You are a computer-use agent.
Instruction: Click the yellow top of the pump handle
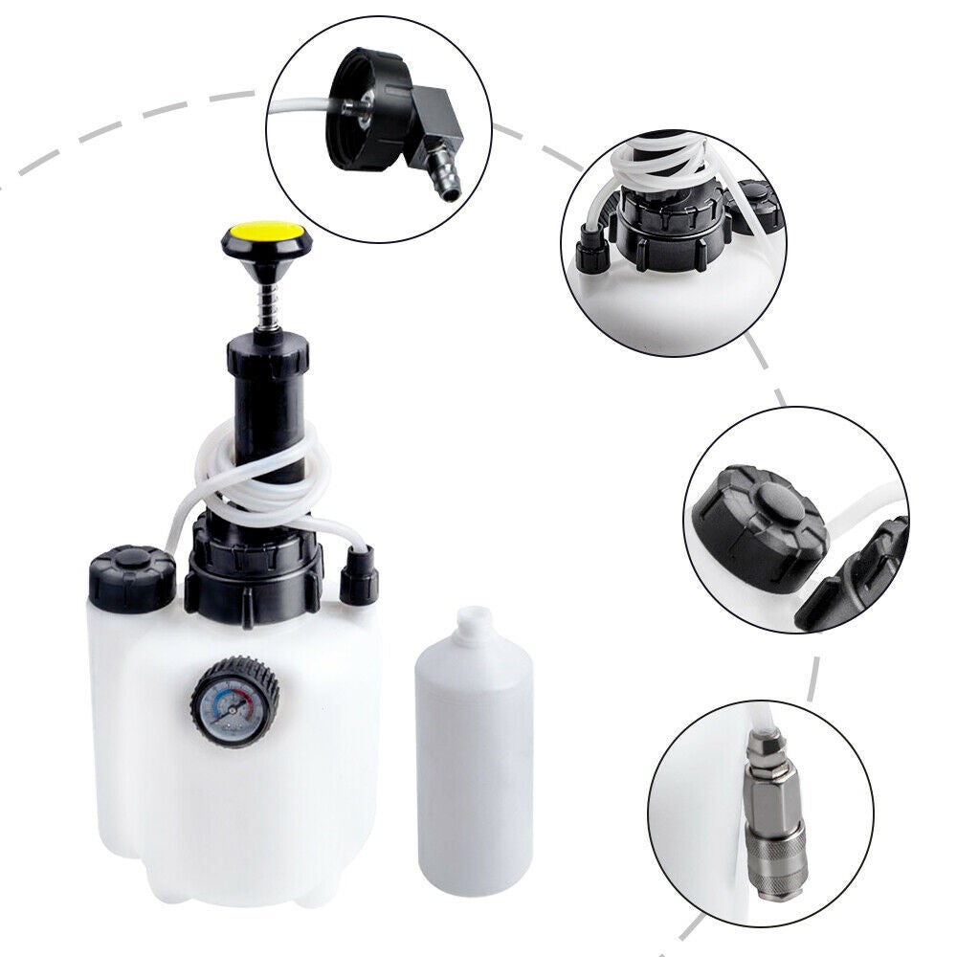(x=267, y=232)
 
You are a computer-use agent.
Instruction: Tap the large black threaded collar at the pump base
(x=252, y=572)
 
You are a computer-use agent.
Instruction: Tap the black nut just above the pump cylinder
(x=268, y=356)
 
